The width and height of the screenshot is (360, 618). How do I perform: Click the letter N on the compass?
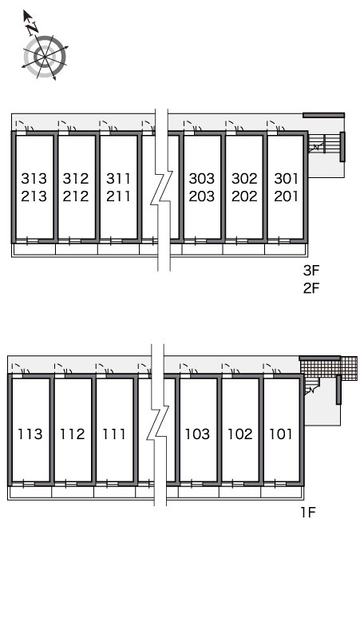[x=33, y=27]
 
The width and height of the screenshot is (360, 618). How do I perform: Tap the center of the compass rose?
[x=45, y=57]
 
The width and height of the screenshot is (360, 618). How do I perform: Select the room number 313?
[x=34, y=179]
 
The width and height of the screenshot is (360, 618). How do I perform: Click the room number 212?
[x=76, y=196]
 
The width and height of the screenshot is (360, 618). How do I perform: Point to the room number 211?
[x=118, y=196]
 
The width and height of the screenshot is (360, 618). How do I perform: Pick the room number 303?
[x=202, y=179]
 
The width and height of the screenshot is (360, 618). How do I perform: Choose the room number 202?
[x=244, y=196]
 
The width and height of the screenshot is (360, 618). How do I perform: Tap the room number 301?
[x=286, y=179]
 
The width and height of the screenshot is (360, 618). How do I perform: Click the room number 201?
[x=286, y=196]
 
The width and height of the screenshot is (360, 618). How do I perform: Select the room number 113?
[x=30, y=434]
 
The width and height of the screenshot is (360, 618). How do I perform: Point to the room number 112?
[x=73, y=434]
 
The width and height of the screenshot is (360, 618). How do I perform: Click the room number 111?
[x=114, y=434]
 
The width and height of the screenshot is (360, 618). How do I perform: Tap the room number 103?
[x=198, y=434]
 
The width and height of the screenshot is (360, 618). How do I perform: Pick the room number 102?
[x=240, y=434]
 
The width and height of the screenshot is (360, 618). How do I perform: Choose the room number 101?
[x=281, y=434]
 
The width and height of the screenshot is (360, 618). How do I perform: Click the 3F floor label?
[x=311, y=271]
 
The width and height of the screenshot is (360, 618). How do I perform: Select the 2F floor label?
[x=311, y=288]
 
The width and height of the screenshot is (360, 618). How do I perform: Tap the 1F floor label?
[x=308, y=513]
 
